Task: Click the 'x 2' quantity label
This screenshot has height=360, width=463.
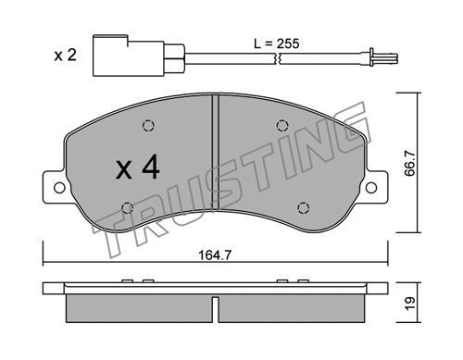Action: [65, 56]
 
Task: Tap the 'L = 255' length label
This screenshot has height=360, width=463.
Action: [277, 43]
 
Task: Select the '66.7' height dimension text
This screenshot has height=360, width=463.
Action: [410, 164]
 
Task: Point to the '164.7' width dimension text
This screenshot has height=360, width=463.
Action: [215, 255]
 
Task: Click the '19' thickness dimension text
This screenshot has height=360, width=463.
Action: [410, 304]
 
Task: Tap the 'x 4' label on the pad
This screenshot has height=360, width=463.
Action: [138, 168]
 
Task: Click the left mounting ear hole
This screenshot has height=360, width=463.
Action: [59, 187]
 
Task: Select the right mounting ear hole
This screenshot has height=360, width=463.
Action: [371, 187]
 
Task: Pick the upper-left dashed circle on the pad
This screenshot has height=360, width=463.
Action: [148, 126]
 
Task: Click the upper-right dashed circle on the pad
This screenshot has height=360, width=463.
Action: [282, 126]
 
